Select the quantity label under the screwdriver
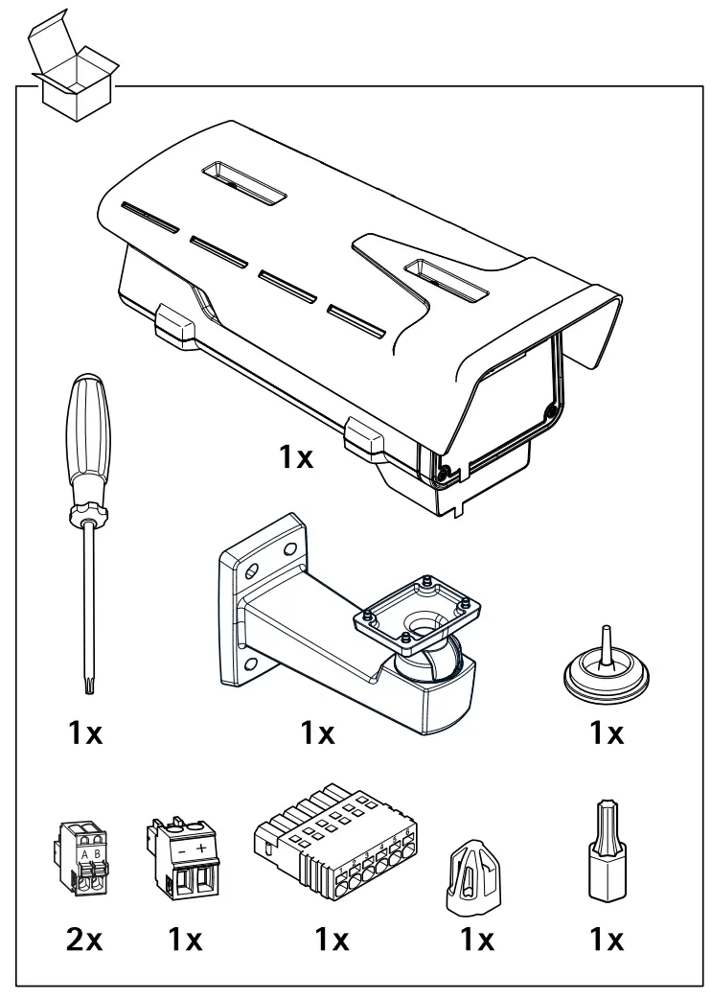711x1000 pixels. [84, 733]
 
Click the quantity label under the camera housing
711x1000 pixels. [296, 457]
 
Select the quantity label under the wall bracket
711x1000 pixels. [317, 733]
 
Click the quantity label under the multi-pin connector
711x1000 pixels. [333, 939]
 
